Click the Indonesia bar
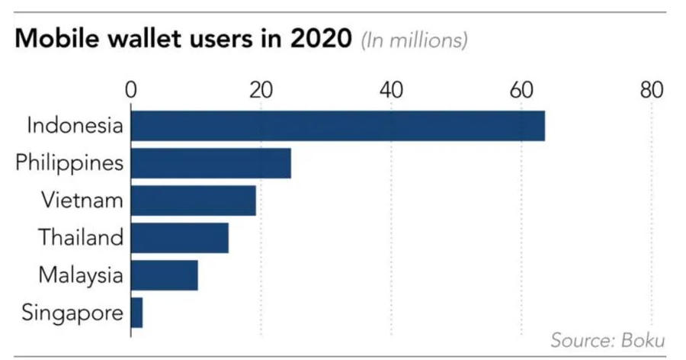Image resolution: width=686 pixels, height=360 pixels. coord(338,126)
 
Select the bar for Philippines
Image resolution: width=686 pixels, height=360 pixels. coord(211,163)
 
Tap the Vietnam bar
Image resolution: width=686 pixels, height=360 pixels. coord(194,201)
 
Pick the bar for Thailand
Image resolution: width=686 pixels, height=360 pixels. coord(180,238)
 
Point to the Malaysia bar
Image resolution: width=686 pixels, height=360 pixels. coord(165,275)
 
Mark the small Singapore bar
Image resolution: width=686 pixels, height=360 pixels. coord(137,312)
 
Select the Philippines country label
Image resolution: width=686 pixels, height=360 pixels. coord(69,163)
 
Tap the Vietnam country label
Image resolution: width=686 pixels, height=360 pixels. coord(82,201)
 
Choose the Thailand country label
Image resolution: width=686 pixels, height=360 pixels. coord(81,238)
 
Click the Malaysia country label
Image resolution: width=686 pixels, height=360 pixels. coord(80,275)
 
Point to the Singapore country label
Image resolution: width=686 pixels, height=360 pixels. coord(72,312)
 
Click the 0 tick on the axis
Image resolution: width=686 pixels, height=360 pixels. coord(131,90)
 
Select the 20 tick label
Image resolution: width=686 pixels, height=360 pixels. coord(261,90)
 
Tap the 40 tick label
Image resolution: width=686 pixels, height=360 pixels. coord(391,90)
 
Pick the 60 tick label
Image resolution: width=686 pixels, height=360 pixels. coord(521,90)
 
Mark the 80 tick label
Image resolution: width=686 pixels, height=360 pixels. coord(651,90)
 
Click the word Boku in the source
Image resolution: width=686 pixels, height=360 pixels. coord(646,339)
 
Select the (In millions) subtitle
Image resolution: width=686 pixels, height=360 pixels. coord(414,40)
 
